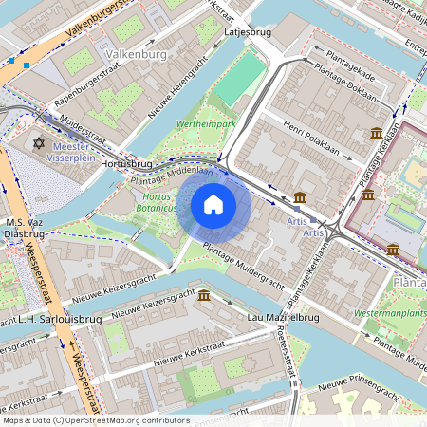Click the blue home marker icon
point(213,205)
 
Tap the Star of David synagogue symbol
point(39,143)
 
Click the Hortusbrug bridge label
point(126,164)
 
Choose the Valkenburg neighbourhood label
point(137,54)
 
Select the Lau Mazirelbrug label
point(282,317)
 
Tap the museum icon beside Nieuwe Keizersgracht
point(204,297)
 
